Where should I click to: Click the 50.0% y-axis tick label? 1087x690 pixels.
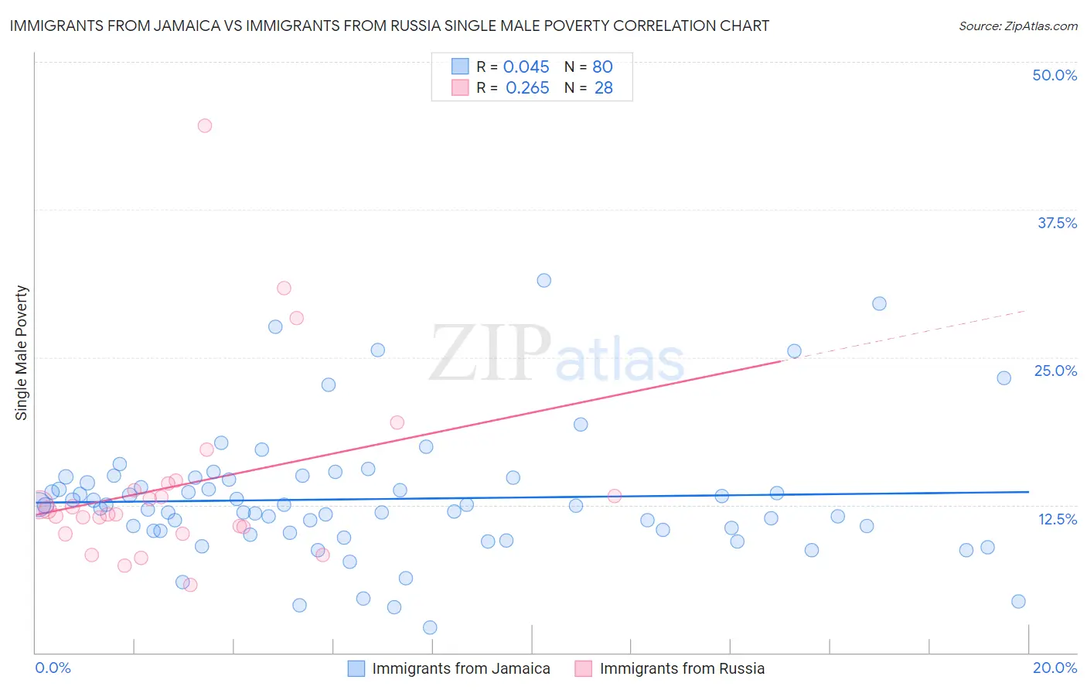pos(1055,75)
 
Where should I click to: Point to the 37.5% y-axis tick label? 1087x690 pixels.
pos(1057,223)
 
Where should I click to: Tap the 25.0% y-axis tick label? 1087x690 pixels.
pos(1055,371)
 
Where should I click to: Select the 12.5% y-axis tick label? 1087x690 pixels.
pos(1057,519)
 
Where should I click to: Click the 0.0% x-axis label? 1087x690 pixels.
pos(53,668)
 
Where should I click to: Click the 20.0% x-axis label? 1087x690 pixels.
pos(1055,668)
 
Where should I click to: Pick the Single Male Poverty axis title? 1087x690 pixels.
pos(22,353)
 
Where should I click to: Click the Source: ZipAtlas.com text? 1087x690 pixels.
pos(1017,26)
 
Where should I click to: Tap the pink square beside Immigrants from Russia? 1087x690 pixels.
pos(583,668)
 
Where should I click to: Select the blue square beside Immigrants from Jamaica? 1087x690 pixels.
pos(356,668)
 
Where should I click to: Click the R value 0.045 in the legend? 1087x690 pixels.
pos(526,67)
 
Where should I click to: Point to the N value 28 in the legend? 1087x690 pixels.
pos(603,88)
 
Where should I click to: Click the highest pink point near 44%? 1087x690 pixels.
pos(204,125)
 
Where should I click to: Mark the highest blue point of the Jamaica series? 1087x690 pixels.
pos(543,280)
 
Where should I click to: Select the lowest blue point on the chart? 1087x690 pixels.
pos(430,627)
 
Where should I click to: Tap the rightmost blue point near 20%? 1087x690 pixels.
pos(1018,601)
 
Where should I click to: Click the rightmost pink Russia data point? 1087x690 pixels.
pos(615,496)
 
